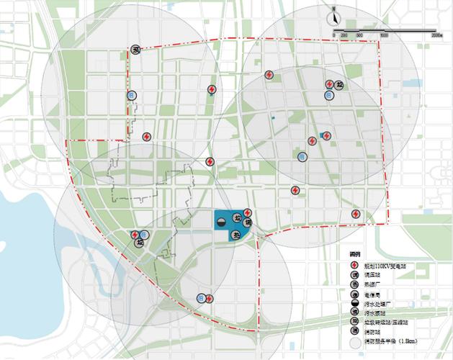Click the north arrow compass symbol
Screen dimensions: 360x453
334,19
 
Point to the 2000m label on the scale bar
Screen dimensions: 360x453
436,35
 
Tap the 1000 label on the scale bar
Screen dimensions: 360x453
384,35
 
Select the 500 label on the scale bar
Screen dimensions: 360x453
359,35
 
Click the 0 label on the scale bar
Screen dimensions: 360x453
334,35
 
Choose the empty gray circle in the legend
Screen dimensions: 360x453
355,341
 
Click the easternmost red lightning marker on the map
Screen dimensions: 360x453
356,214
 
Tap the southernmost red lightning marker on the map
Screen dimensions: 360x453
209,298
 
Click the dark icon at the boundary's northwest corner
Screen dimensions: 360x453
135,50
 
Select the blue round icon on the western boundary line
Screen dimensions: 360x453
131,94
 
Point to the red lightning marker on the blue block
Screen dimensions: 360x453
247,212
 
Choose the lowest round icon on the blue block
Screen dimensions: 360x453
235,235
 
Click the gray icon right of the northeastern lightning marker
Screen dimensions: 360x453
341,84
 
